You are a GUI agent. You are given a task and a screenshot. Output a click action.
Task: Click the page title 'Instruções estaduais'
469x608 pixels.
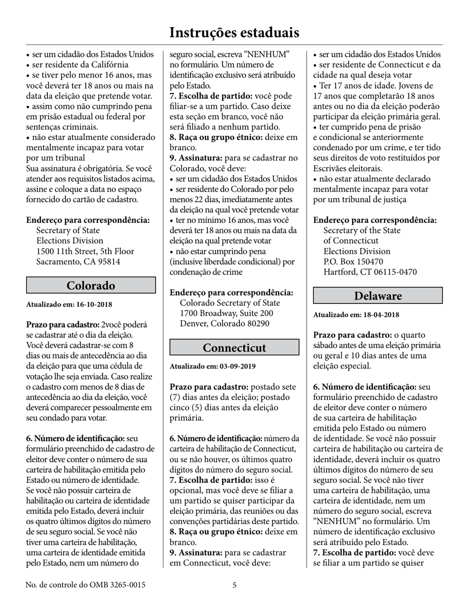[x=234, y=33]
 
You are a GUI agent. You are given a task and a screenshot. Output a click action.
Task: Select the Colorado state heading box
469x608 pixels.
[x=91, y=286]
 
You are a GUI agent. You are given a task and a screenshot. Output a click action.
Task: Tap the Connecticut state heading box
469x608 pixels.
[x=234, y=347]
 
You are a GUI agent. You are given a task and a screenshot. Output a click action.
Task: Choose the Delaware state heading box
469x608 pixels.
[x=378, y=296]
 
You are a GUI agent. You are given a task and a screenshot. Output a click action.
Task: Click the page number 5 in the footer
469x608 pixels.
[x=234, y=585]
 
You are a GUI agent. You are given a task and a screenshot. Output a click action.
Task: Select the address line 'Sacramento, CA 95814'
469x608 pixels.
[x=78, y=261]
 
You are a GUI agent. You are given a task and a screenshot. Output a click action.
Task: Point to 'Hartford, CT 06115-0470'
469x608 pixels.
[x=370, y=272]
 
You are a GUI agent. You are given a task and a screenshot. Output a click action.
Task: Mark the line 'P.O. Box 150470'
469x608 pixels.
[x=353, y=261]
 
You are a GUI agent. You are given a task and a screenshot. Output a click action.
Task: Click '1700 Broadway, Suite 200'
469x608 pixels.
[x=226, y=313]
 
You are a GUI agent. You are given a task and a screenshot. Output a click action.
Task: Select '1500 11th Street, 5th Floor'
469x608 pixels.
[x=85, y=251]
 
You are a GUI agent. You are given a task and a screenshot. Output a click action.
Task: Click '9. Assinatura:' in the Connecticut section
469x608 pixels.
[x=196, y=553]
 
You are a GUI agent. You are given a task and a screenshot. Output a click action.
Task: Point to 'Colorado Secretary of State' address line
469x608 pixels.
[x=230, y=303]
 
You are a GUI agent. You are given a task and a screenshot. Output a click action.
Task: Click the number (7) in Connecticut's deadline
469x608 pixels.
[x=176, y=397]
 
